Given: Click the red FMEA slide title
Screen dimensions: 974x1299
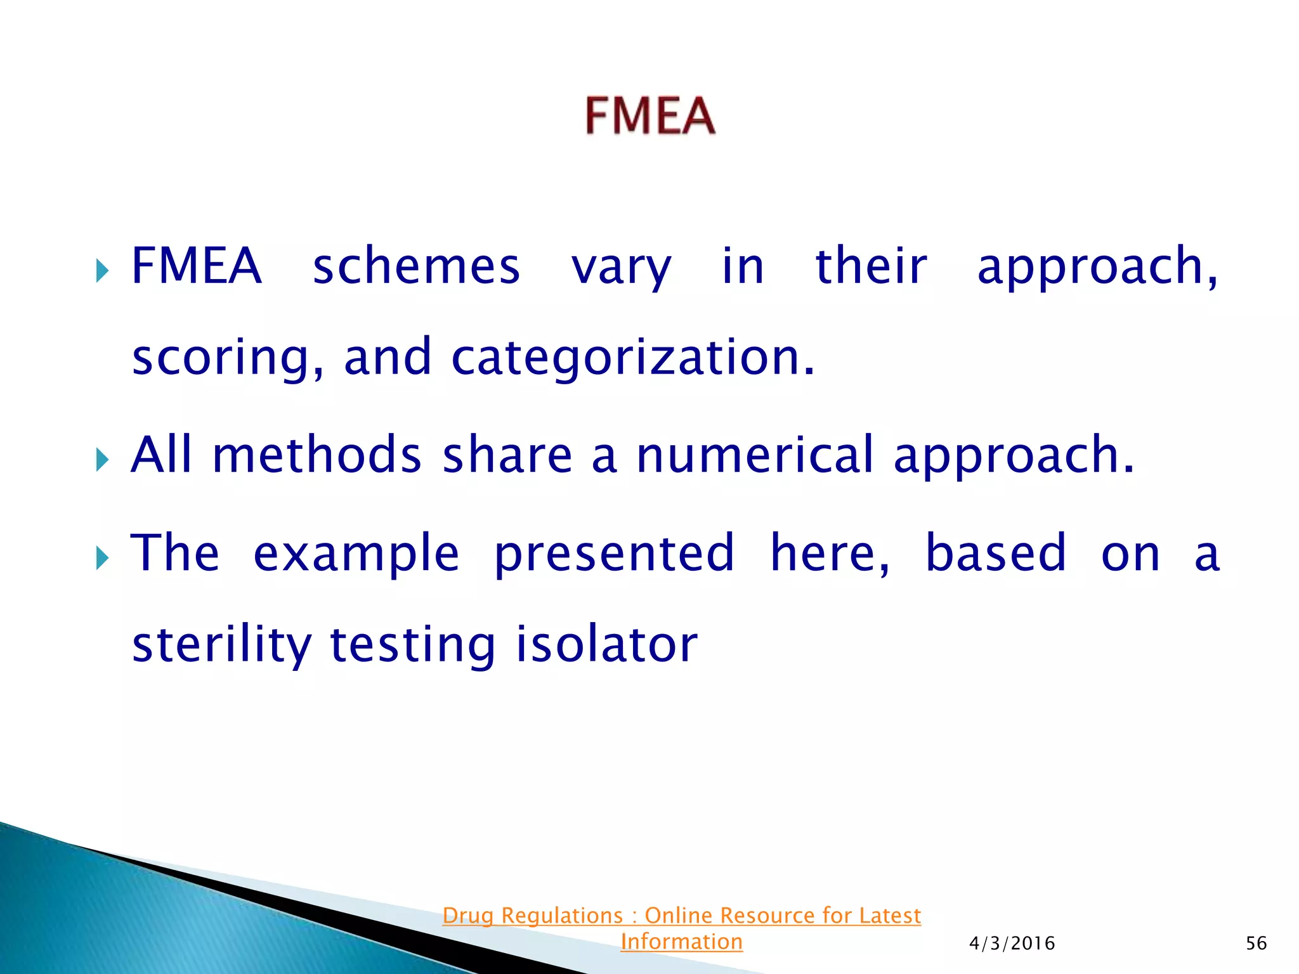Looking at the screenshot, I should click(x=650, y=115).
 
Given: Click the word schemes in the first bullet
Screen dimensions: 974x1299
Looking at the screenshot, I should click(x=416, y=266).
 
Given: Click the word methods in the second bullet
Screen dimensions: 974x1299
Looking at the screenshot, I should click(x=317, y=455).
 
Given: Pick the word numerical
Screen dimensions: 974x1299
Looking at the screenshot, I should click(x=755, y=455).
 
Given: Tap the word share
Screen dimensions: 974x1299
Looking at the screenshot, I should click(x=507, y=455).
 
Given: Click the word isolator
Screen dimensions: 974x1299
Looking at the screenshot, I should click(x=606, y=644).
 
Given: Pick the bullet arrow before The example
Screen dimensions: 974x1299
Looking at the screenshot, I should click(x=102, y=558).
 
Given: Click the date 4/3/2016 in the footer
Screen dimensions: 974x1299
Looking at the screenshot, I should click(x=1012, y=944).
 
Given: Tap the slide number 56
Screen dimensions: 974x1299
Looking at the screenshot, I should click(x=1256, y=944).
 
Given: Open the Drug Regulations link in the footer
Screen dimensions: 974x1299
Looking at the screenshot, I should click(x=681, y=916).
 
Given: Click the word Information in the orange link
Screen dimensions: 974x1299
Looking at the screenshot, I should click(x=681, y=942).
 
